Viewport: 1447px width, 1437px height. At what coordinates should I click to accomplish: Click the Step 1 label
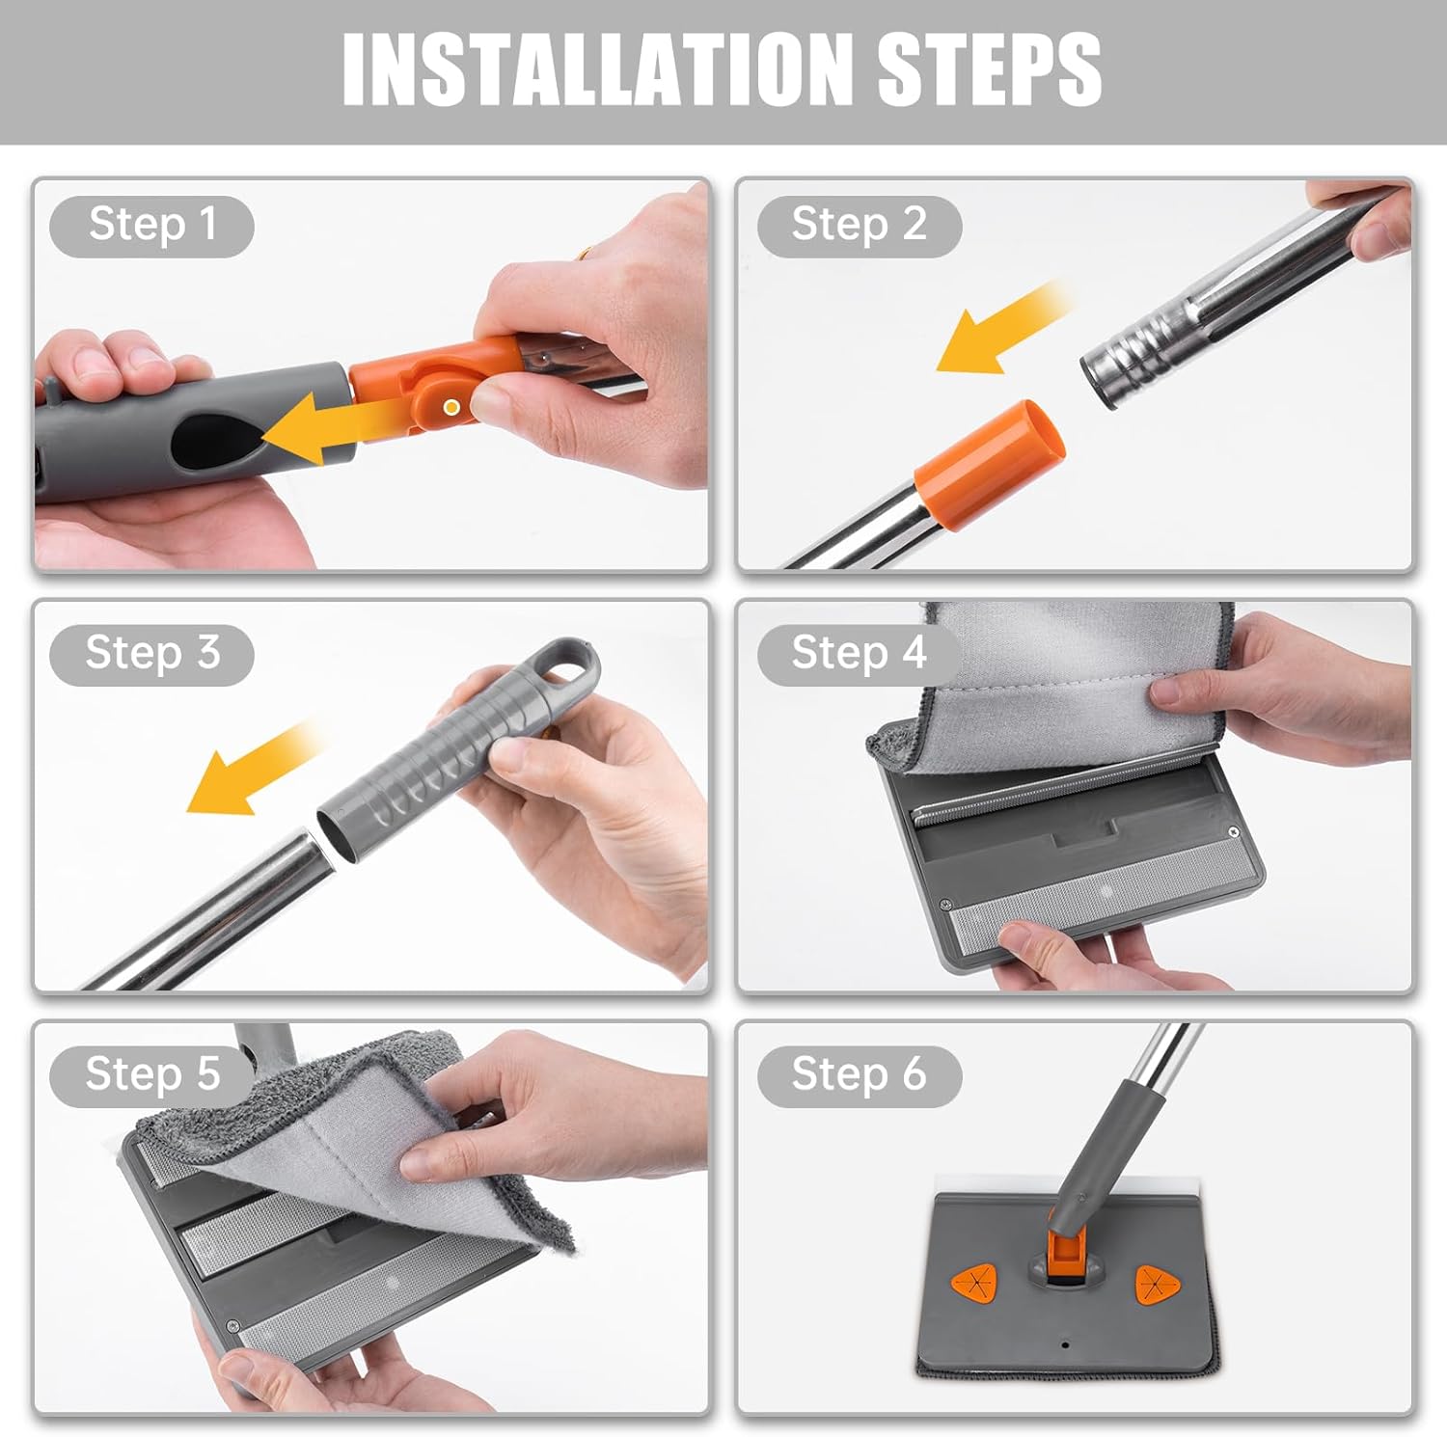pyautogui.click(x=151, y=226)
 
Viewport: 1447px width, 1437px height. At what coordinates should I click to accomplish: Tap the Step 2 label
pyautogui.click(x=859, y=226)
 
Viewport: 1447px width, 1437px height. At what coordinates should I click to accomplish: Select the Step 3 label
pyautogui.click(x=151, y=654)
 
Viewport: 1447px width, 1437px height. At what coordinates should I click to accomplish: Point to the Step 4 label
pyautogui.click(x=859, y=654)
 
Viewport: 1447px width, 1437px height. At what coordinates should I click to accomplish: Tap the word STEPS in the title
pyautogui.click(x=989, y=69)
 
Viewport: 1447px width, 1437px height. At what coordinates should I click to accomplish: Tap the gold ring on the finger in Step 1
pyautogui.click(x=585, y=255)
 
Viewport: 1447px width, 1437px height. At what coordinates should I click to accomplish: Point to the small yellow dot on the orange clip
pyautogui.click(x=450, y=408)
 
